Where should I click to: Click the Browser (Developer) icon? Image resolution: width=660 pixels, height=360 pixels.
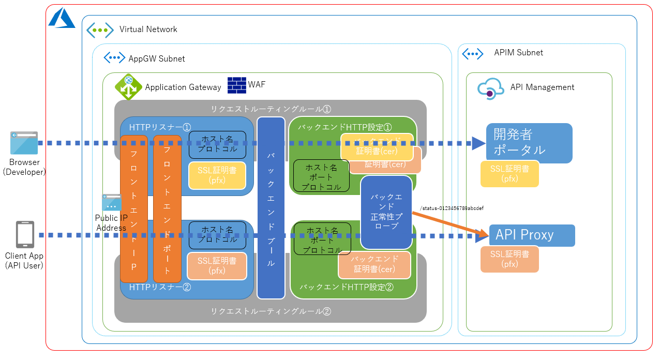click(x=24, y=143)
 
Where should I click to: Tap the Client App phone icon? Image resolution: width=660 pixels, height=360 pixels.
click(x=25, y=235)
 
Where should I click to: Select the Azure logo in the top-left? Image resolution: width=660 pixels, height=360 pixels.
click(x=62, y=19)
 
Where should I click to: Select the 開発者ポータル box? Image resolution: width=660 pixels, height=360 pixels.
click(x=529, y=143)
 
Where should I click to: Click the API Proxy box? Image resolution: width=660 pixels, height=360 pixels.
click(x=532, y=235)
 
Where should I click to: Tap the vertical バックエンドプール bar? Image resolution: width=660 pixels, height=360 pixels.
click(x=271, y=208)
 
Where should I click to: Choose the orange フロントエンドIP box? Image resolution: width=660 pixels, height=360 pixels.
click(x=133, y=208)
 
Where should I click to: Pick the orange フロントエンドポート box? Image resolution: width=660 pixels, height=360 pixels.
click(x=167, y=208)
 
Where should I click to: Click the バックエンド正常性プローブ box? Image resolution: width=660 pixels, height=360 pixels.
click(x=386, y=212)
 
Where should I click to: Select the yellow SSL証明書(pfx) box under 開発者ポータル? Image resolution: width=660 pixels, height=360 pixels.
click(x=509, y=174)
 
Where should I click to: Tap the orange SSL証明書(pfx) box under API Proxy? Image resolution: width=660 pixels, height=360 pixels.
click(x=509, y=259)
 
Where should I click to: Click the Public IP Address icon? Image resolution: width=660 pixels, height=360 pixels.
click(x=112, y=203)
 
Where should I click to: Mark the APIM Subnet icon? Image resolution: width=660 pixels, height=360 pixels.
click(x=472, y=53)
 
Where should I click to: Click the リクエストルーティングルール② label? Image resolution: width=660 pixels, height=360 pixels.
click(x=270, y=311)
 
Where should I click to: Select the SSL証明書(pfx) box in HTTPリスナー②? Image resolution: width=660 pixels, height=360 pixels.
click(x=217, y=265)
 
